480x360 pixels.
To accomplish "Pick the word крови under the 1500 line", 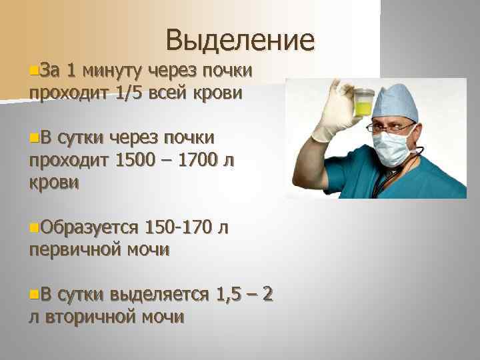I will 54,183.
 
